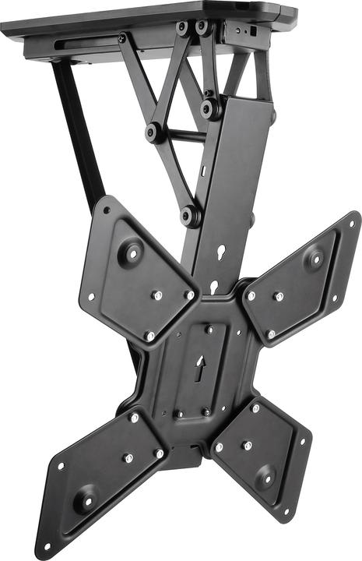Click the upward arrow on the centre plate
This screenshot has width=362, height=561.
pyautogui.click(x=199, y=365)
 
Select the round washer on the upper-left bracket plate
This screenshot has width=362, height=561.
pyautogui.click(x=131, y=253)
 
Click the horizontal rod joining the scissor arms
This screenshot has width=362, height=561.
pyautogui.click(x=181, y=135)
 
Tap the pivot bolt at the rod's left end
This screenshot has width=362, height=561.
pyautogui.click(x=154, y=132)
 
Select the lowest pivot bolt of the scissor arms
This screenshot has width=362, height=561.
pyautogui.click(x=189, y=215)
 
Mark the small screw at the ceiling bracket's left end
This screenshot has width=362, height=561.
pyautogui.click(x=122, y=37)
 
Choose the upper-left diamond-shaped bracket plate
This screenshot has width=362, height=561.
pyautogui.click(x=136, y=273)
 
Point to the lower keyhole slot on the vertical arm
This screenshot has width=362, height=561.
pyautogui.click(x=214, y=286)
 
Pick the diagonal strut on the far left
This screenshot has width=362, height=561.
pyautogui.click(x=78, y=129)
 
